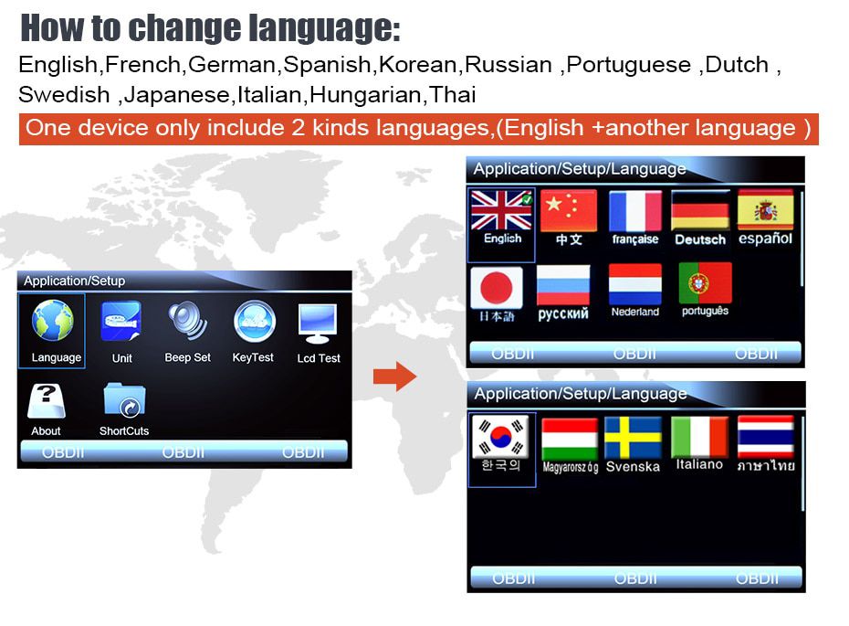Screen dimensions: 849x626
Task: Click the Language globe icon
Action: [x=53, y=321]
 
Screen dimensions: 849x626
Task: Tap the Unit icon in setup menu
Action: [x=121, y=321]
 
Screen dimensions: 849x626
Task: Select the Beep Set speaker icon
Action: [x=187, y=321]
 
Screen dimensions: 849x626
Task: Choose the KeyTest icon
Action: [x=254, y=322]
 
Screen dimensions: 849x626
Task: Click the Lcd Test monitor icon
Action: [x=318, y=323]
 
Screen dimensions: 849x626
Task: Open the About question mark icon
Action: [x=47, y=401]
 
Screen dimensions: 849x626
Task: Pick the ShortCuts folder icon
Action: [x=124, y=400]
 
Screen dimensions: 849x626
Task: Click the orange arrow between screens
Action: [x=394, y=377]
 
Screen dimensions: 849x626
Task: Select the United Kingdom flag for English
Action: [x=501, y=210]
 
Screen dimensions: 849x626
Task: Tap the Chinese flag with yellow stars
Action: [x=569, y=210]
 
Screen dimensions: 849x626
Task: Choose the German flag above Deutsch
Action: [x=700, y=211]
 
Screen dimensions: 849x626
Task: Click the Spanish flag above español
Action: [x=766, y=209]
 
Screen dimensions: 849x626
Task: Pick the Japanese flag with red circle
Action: [x=497, y=287]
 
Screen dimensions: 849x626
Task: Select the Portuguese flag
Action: [x=705, y=283]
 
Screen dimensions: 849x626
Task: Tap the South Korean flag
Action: [x=501, y=437]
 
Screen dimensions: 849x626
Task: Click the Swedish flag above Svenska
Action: [x=633, y=438]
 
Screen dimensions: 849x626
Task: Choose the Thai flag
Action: [x=766, y=436]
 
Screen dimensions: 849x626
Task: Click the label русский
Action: [x=563, y=313]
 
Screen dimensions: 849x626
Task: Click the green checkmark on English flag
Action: [x=527, y=199]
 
